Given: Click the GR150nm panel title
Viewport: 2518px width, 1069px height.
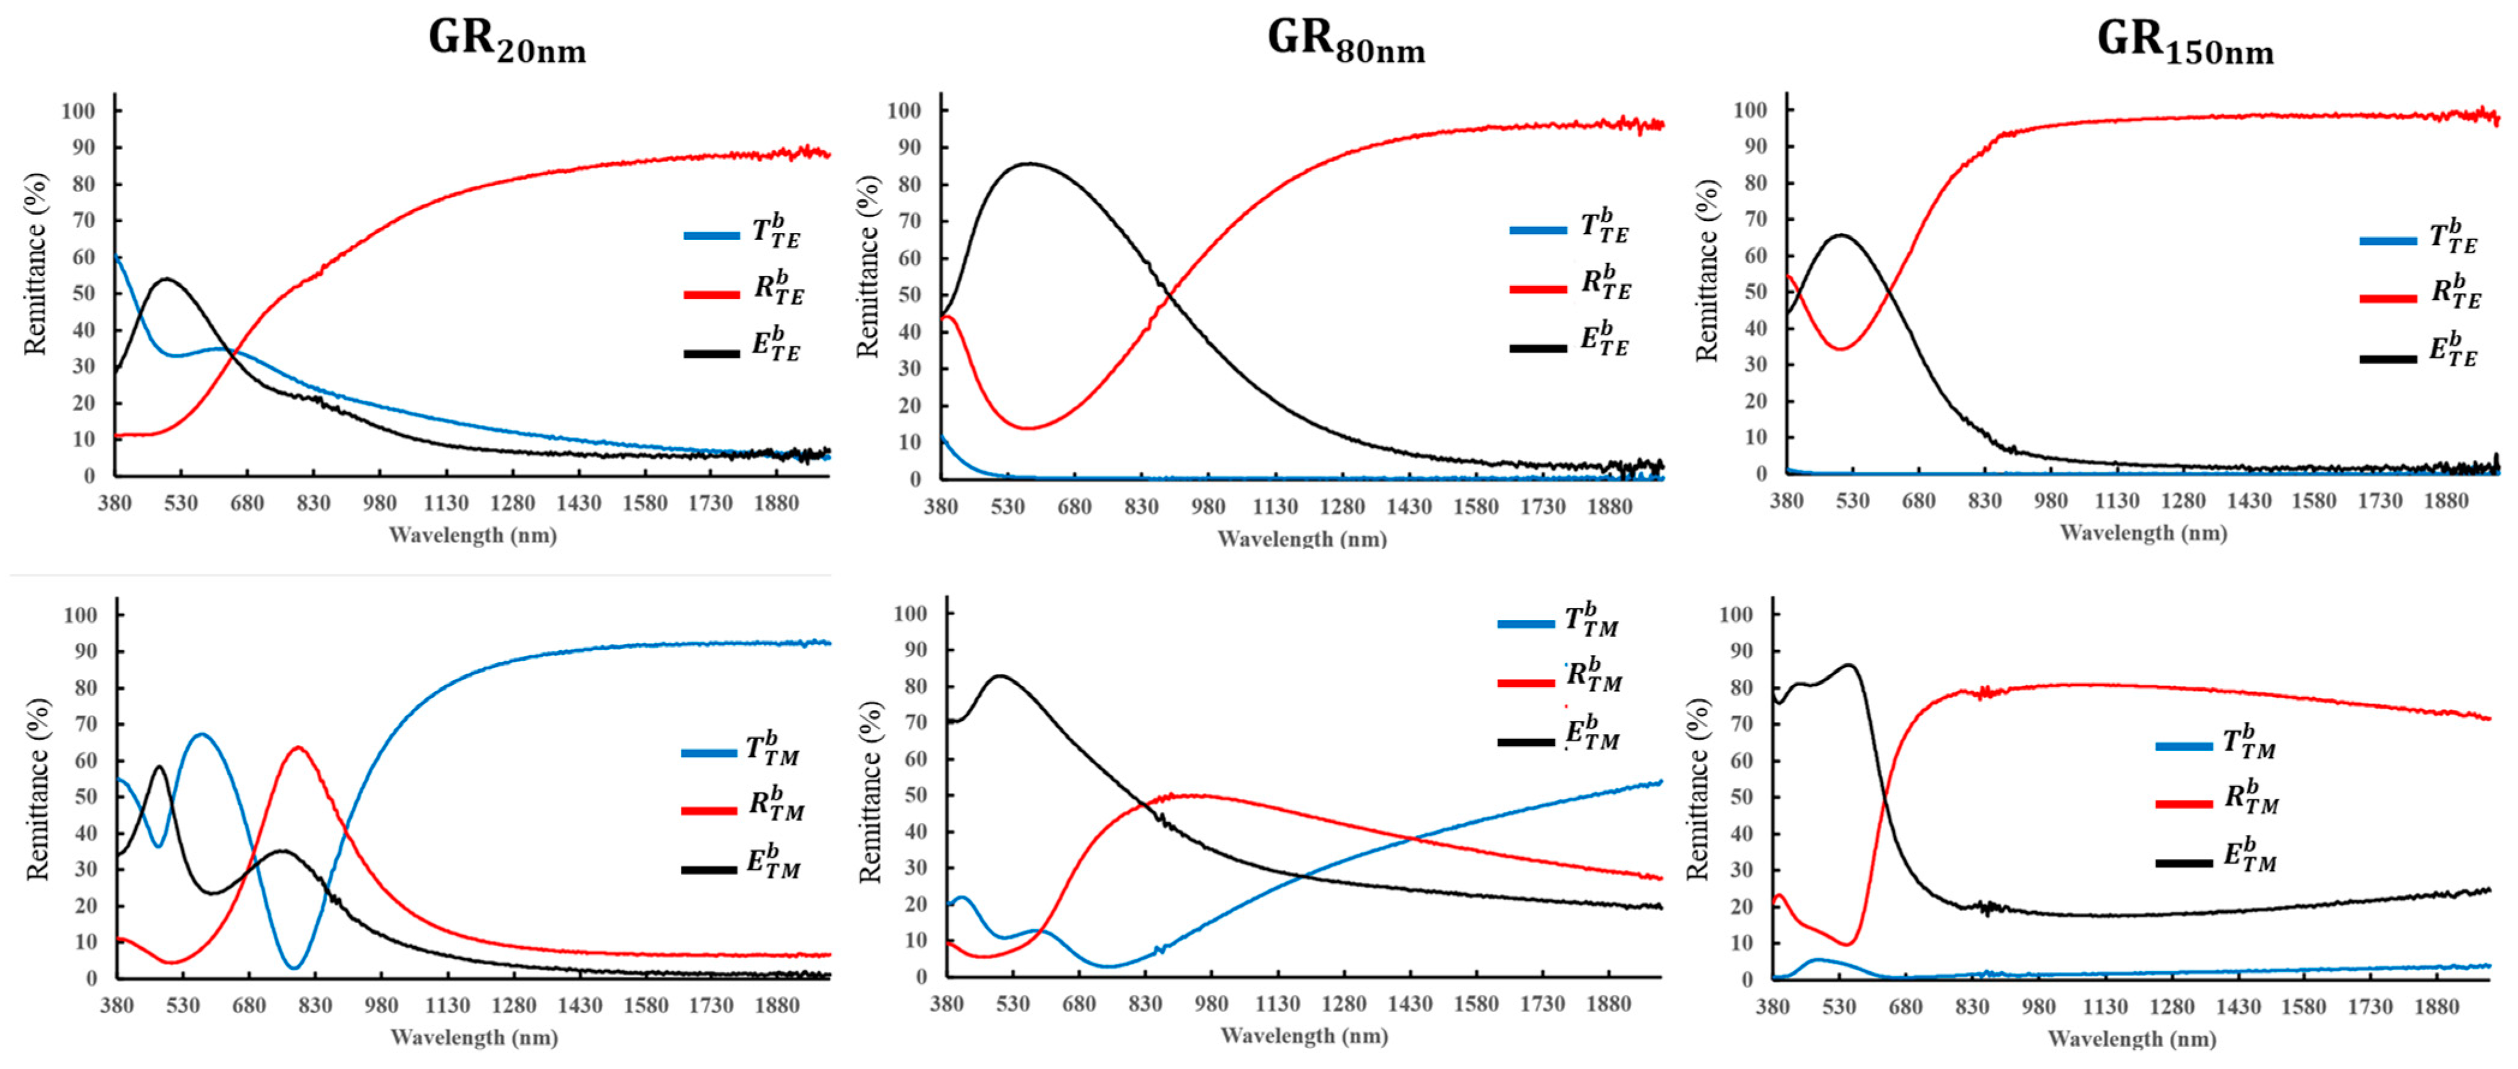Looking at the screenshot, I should point(2185,41).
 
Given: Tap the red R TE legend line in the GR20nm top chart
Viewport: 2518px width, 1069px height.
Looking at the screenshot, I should point(711,293).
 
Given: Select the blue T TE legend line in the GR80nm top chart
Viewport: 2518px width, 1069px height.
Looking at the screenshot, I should point(1538,230).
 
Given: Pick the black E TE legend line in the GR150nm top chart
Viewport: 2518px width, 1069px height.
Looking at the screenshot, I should point(2388,358).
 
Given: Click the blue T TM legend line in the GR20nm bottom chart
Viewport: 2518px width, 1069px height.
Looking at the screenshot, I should point(708,753).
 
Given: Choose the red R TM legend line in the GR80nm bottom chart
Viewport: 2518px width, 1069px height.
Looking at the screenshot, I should point(1526,682).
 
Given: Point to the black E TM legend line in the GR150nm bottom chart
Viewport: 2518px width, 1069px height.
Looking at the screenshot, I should point(2184,863).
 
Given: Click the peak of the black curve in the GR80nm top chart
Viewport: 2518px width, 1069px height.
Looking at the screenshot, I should point(1029,164).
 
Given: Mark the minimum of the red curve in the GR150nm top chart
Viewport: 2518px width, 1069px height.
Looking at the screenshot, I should point(1841,348).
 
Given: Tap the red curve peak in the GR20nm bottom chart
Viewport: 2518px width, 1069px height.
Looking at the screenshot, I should point(298,747).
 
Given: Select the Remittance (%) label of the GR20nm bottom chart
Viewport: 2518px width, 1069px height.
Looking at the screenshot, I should point(37,789).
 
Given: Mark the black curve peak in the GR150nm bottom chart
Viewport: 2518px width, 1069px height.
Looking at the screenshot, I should point(1849,666).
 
